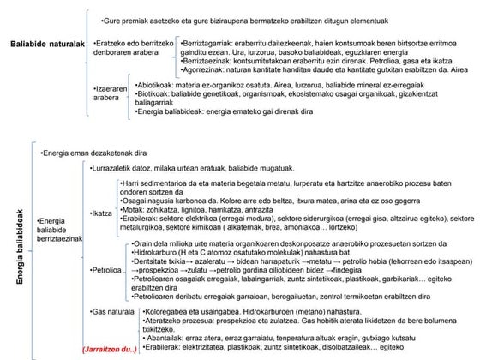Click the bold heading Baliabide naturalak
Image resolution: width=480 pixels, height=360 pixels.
[47, 43]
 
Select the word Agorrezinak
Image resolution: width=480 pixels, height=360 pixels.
[205, 73]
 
